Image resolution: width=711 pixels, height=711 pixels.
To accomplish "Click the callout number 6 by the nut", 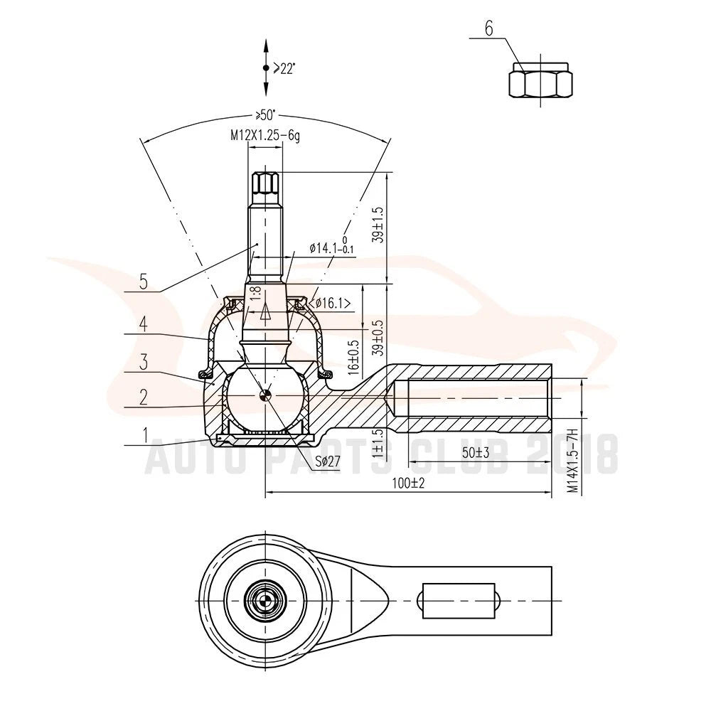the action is pyautogui.click(x=489, y=28).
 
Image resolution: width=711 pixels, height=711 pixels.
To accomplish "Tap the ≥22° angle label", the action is pyautogui.click(x=284, y=69).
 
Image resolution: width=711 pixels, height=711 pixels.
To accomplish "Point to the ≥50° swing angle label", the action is pyautogui.click(x=266, y=113).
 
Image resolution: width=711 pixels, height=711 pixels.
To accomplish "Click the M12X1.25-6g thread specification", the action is pyautogui.click(x=265, y=135).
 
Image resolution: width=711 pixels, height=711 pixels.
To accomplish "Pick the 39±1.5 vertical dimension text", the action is pyautogui.click(x=378, y=225).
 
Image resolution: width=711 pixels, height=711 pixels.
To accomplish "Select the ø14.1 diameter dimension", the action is pyautogui.click(x=332, y=247).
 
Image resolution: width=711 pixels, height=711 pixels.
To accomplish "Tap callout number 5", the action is pyautogui.click(x=144, y=282).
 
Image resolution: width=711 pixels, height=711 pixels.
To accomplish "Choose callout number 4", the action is pyautogui.click(x=144, y=324).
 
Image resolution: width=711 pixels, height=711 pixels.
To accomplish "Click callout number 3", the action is pyautogui.click(x=144, y=362).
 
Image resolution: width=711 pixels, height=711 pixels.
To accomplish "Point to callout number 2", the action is pyautogui.click(x=144, y=397).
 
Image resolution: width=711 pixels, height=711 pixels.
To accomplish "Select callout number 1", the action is pyautogui.click(x=145, y=435).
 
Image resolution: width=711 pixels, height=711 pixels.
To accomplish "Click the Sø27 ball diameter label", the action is pyautogui.click(x=328, y=461).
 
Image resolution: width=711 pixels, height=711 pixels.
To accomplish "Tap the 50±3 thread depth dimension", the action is pyautogui.click(x=476, y=452).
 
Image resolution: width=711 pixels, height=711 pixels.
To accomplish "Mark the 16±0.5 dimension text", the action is pyautogui.click(x=354, y=358).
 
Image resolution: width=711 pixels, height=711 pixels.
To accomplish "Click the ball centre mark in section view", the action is pyautogui.click(x=264, y=396).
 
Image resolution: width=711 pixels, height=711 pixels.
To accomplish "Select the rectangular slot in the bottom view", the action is pyautogui.click(x=458, y=601).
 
